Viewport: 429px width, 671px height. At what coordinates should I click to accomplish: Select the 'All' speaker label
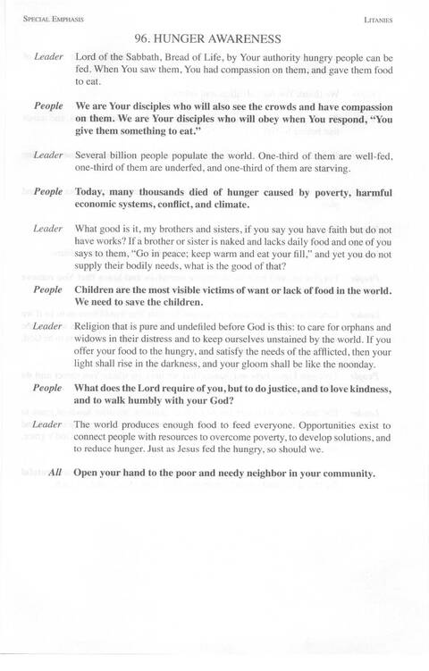point(55,473)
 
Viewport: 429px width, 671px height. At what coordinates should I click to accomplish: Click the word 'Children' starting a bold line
point(100,291)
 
